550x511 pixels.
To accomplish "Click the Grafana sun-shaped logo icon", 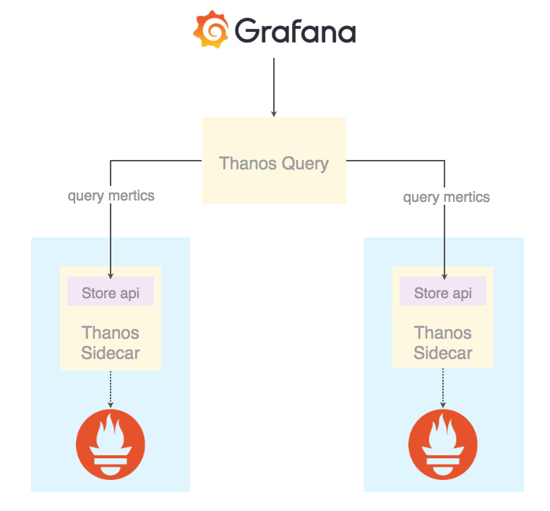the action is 211,29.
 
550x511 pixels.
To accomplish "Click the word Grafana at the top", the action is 296,31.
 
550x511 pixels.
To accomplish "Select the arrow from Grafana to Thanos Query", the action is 274,87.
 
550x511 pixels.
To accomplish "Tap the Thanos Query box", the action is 274,161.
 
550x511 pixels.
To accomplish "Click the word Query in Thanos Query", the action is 305,164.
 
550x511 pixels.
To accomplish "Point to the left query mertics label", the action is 111,196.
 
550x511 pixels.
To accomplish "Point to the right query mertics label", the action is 447,198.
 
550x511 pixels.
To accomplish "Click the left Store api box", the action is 111,291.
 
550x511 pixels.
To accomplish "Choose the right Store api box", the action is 443,291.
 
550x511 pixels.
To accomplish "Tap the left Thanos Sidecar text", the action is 111,343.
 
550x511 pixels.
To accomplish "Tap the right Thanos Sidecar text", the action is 443,343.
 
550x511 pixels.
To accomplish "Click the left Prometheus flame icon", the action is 111,444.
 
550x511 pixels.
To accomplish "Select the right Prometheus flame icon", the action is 443,444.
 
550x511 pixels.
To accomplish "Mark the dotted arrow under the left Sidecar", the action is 111,389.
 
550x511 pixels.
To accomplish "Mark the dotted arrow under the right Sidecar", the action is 443,388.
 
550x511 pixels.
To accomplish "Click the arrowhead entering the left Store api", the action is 111,276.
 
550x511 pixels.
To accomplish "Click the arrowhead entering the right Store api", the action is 444,276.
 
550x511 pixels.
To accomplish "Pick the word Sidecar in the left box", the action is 111,353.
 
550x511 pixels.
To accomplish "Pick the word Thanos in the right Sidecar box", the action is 443,333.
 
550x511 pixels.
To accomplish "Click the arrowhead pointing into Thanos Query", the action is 274,114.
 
